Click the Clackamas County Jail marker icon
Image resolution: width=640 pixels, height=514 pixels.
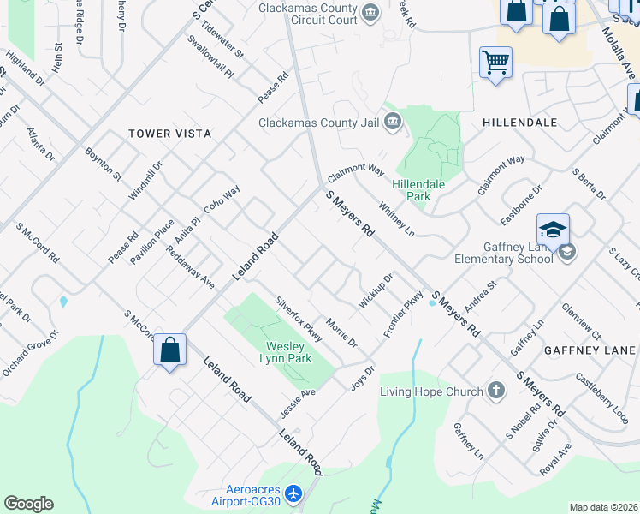[393, 122]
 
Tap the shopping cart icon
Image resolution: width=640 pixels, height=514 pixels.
[495, 63]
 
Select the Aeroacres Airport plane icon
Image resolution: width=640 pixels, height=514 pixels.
[293, 493]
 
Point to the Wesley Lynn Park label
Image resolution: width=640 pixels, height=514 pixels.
[287, 353]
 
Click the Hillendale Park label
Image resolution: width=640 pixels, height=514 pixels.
[411, 190]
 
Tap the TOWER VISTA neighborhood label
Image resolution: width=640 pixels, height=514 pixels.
[169, 134]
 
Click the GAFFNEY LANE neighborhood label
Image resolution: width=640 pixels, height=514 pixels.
[590, 350]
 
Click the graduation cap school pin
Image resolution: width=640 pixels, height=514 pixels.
[553, 230]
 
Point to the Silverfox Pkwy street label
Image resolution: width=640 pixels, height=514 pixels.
[298, 319]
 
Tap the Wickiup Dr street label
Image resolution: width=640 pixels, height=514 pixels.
[376, 291]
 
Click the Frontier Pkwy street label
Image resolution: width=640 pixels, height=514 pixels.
[404, 314]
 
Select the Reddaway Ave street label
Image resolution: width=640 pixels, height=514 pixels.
[190, 267]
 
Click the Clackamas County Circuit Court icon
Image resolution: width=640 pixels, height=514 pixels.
[370, 11]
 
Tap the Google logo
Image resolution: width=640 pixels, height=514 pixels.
[28, 504]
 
